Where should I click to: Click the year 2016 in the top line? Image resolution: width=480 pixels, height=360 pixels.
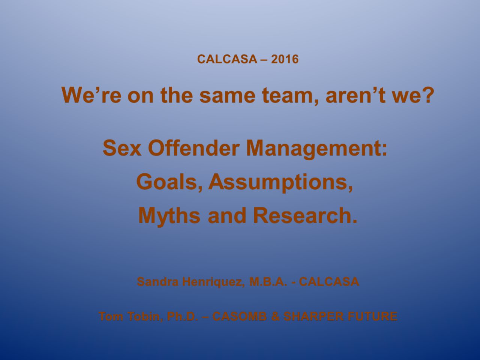285,59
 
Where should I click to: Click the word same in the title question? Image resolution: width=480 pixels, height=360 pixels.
227,95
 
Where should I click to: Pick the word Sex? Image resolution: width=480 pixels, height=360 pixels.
122,148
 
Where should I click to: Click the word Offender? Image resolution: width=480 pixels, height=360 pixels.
193,148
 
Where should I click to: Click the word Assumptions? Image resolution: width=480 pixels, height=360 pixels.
280,183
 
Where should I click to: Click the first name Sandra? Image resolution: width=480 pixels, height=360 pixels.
157,282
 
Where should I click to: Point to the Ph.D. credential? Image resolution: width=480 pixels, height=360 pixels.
183,316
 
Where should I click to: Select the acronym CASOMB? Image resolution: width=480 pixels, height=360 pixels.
240,316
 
